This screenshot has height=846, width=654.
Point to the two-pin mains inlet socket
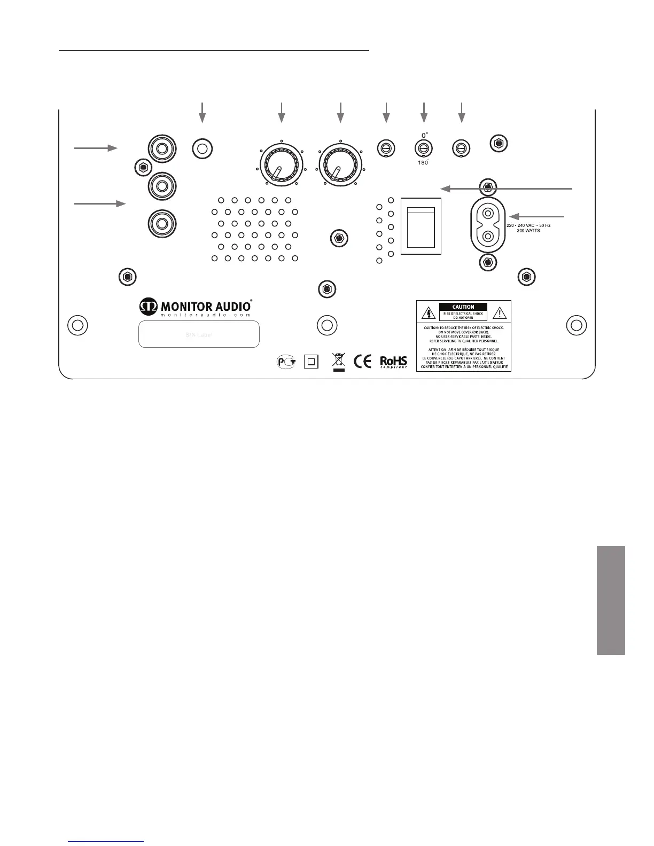(487, 225)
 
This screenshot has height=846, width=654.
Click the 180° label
(423, 162)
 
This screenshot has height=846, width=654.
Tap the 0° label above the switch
(424, 136)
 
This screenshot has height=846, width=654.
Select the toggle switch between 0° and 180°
(423, 148)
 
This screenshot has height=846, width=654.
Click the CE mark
(363, 362)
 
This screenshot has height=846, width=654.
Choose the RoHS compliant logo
(393, 362)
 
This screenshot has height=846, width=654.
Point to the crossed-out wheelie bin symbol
(338, 361)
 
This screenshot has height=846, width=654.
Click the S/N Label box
(199, 334)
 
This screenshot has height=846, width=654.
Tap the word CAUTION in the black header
(463, 307)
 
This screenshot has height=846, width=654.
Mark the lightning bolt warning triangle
(428, 313)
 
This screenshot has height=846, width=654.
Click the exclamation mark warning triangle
(499, 313)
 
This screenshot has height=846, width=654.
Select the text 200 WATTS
(528, 231)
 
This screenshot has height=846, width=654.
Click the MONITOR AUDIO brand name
(206, 307)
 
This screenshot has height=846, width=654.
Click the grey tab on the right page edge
(611, 600)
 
